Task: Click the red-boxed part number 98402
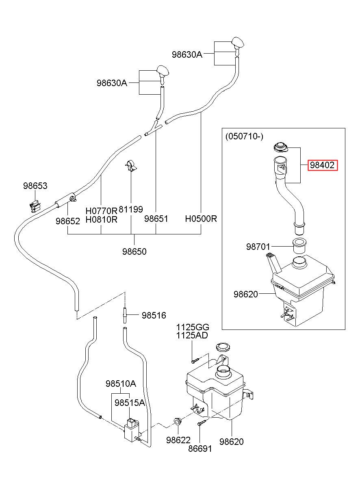tap(322, 165)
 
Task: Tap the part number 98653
tap(35, 186)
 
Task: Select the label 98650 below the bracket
tap(134, 251)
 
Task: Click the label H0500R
tap(201, 219)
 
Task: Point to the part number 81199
tap(131, 209)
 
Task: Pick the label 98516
tap(154, 315)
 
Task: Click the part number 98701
tap(258, 247)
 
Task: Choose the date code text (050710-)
tap(244, 137)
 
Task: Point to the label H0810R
tap(101, 219)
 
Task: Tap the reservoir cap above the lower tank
tap(223, 347)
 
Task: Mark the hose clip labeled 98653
tap(35, 206)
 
